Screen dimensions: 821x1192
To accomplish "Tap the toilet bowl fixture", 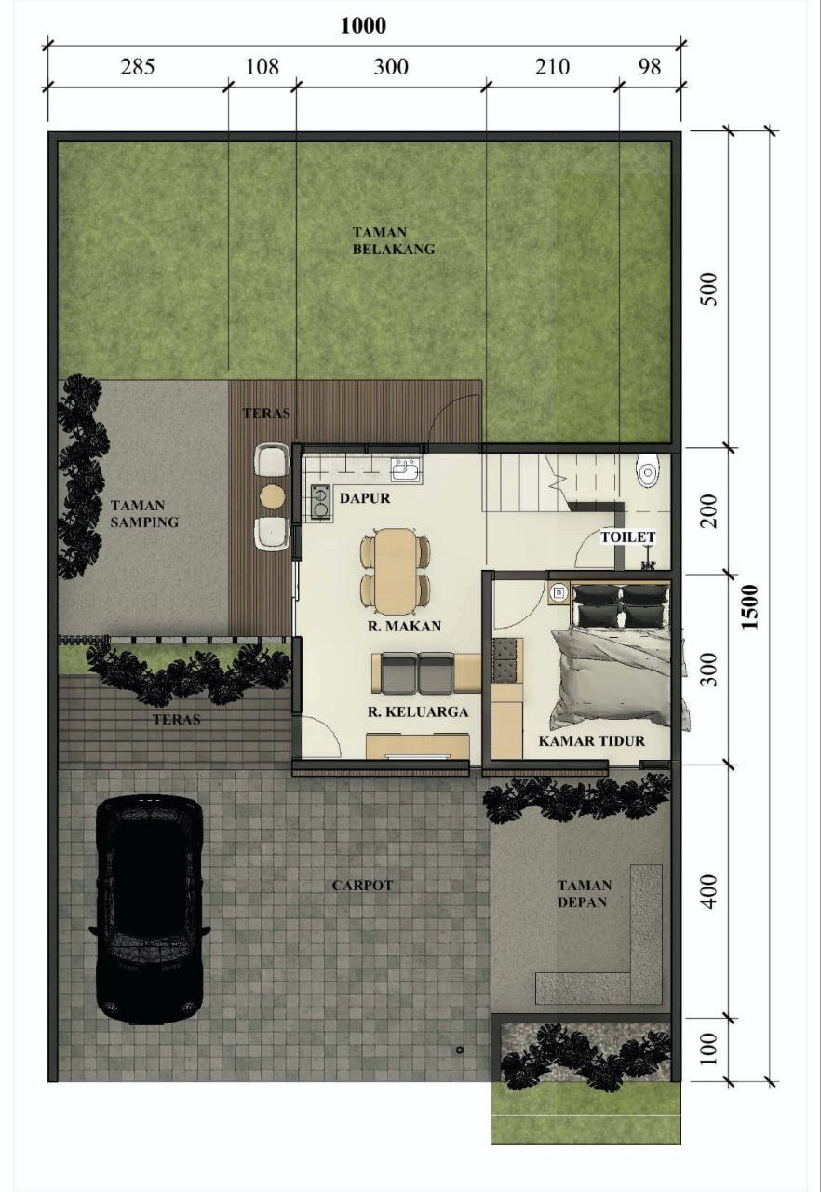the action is (x=648, y=470).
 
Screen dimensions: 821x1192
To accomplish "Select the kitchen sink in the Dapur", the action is (x=407, y=470).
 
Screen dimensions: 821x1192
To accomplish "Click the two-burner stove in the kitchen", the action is (x=319, y=501).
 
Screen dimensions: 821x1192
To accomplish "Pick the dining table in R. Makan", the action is (x=396, y=571).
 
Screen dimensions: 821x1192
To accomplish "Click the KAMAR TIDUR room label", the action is (x=591, y=740).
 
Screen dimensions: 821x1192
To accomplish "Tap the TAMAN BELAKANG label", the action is (x=394, y=240).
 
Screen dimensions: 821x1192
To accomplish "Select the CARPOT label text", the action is (x=362, y=886).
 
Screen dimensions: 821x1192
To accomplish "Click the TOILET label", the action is (x=628, y=537).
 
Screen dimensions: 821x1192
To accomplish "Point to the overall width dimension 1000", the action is (x=363, y=25).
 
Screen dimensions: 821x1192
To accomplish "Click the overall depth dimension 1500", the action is (x=749, y=606).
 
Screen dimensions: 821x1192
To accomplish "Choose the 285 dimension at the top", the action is (x=137, y=67).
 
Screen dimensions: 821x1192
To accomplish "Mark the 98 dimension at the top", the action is (x=649, y=67).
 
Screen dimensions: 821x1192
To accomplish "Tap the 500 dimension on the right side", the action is (x=708, y=289).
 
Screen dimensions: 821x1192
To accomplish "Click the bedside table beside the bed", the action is (x=559, y=592).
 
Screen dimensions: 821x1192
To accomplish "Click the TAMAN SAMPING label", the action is (x=144, y=513).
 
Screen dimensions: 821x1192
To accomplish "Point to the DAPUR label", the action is (x=365, y=498).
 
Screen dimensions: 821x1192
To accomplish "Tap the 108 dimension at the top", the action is (x=262, y=67).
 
